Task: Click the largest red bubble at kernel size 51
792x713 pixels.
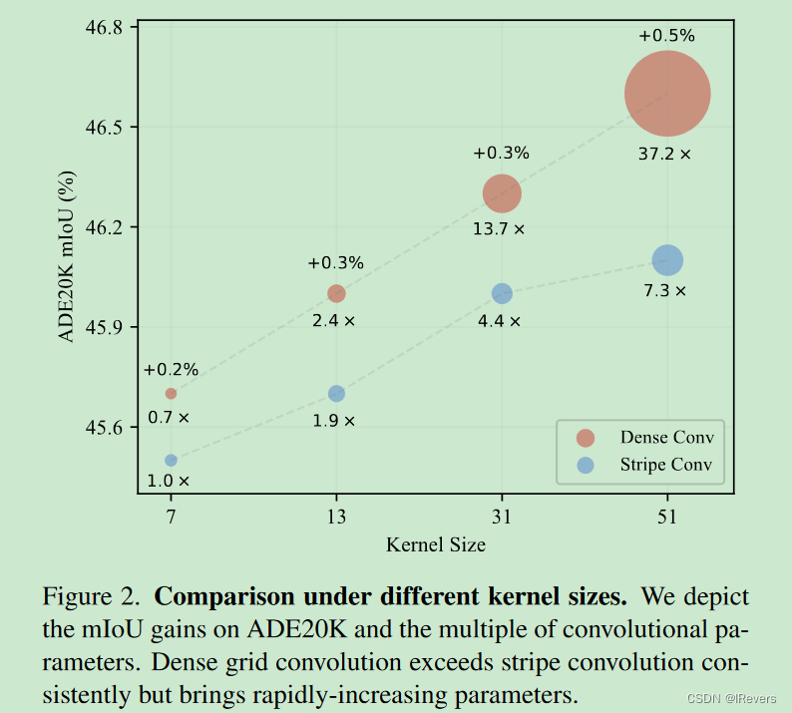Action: pyautogui.click(x=667, y=94)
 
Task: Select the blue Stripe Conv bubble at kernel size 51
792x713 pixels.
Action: pyautogui.click(x=667, y=260)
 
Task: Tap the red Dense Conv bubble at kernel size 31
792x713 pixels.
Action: pyautogui.click(x=502, y=193)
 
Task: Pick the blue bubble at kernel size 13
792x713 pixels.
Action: pyautogui.click(x=336, y=393)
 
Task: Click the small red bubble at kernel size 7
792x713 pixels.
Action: pyautogui.click(x=171, y=393)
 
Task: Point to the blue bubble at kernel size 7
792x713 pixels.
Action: pyautogui.click(x=171, y=460)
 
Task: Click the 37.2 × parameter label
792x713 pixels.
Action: pyautogui.click(x=664, y=155)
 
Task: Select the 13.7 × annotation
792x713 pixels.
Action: pyautogui.click(x=499, y=229)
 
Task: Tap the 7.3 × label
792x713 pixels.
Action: pyautogui.click(x=664, y=291)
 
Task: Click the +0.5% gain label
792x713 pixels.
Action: pyautogui.click(x=666, y=36)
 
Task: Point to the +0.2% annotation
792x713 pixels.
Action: pyautogui.click(x=170, y=370)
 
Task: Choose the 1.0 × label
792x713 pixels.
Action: pyautogui.click(x=168, y=481)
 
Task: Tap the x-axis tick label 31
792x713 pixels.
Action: pyautogui.click(x=502, y=517)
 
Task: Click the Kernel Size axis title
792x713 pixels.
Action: pyautogui.click(x=436, y=544)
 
